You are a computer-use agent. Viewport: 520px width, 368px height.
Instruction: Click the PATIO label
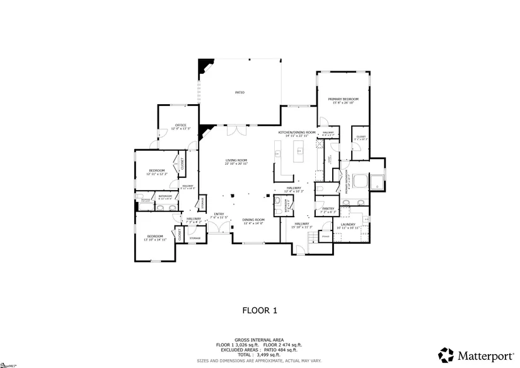[240, 93]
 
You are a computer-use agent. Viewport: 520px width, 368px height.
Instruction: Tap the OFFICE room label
[180, 125]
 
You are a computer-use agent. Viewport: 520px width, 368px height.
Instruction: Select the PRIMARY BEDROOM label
[343, 99]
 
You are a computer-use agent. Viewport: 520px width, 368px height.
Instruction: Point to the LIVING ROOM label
[236, 160]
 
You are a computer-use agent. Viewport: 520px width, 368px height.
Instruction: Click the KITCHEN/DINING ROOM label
[296, 133]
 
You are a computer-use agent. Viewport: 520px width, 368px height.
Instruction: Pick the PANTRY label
[328, 208]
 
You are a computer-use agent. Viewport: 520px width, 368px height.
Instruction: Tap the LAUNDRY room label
[348, 224]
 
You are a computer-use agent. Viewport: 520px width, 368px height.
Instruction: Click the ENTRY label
[219, 214]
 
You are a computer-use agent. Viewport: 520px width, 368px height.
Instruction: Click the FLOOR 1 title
[260, 310]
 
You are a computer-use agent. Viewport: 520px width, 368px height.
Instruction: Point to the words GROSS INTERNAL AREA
[259, 339]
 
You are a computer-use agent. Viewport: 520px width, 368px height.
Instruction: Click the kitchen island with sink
[300, 150]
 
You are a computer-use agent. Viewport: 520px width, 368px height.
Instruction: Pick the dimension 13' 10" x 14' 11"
[155, 240]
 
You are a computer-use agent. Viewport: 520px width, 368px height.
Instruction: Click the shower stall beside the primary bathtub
[376, 182]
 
